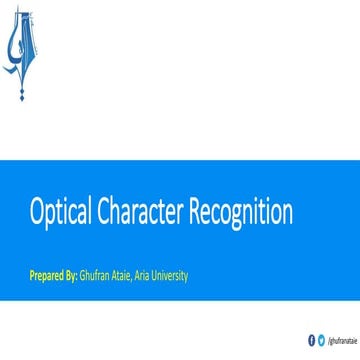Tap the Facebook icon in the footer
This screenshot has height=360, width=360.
coord(311,340)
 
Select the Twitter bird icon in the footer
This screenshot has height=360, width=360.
coord(321,340)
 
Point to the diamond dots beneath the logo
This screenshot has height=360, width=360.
coord(23,91)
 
